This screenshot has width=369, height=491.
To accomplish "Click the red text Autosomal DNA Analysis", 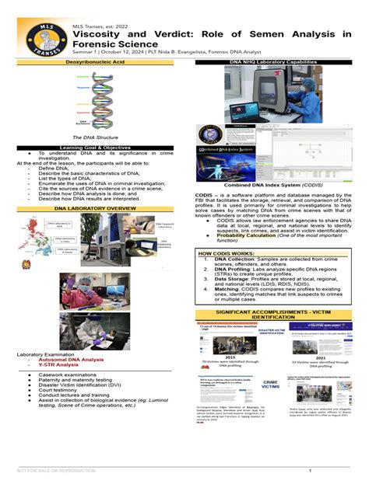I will (71, 360).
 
